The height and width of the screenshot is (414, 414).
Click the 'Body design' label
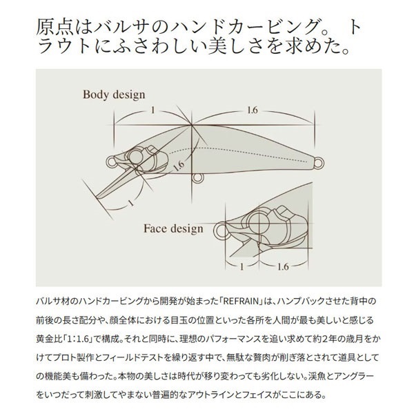coord(114,95)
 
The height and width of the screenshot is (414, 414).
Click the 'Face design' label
coord(173,228)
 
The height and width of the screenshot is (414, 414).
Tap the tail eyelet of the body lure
coord(319,162)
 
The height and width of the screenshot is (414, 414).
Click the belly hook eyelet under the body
coord(197,178)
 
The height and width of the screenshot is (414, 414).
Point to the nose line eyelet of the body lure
coord(111,161)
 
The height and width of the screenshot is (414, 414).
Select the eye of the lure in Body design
coord(135,157)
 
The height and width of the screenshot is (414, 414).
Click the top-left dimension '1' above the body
coord(152,110)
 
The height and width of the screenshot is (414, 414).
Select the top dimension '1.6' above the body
coord(252,110)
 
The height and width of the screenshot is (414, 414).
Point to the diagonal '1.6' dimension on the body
coord(179,166)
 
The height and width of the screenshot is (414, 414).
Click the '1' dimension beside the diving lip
coord(130,203)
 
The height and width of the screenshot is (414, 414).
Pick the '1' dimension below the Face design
coord(241,267)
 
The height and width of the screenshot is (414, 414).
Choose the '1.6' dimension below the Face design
coord(283,267)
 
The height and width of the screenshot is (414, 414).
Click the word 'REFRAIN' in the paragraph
coord(240,302)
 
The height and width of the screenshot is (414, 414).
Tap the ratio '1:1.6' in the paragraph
coord(77,339)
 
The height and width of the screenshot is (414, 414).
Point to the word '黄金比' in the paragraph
coord(49,339)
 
